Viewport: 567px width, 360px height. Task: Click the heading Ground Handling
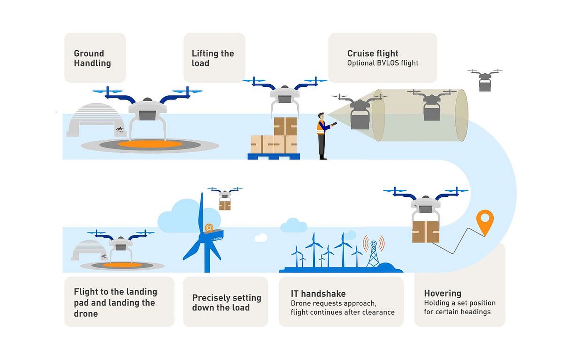[92, 58]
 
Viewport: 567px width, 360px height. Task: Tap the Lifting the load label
[212, 58]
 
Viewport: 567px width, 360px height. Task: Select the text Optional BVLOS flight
[382, 63]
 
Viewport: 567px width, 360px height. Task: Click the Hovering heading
[442, 293]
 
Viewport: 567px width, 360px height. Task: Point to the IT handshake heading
[318, 294]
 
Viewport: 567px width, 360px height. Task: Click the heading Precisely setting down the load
[226, 303]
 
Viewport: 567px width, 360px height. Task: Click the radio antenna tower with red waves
[373, 252]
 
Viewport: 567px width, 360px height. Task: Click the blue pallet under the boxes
[274, 156]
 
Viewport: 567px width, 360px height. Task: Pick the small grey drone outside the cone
[484, 80]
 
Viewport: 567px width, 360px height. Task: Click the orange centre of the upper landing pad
[150, 144]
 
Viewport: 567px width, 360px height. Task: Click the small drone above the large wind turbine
[225, 198]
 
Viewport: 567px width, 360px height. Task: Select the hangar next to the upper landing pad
[94, 120]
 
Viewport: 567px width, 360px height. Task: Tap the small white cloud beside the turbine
[261, 238]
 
